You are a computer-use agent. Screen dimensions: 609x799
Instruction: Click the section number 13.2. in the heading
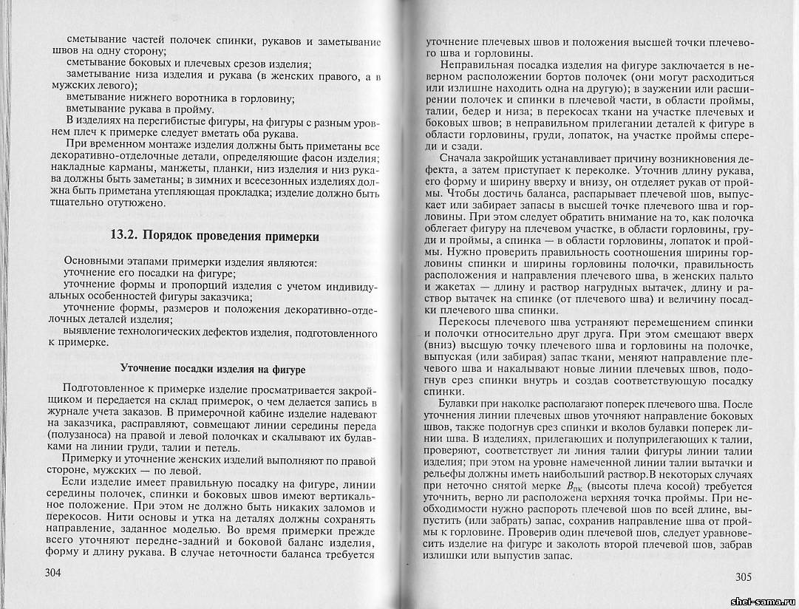(x=124, y=237)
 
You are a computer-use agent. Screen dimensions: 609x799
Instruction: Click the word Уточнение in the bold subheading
(x=146, y=368)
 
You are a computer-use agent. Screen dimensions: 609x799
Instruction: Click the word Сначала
(x=461, y=157)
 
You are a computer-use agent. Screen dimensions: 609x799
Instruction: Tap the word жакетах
(x=450, y=288)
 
